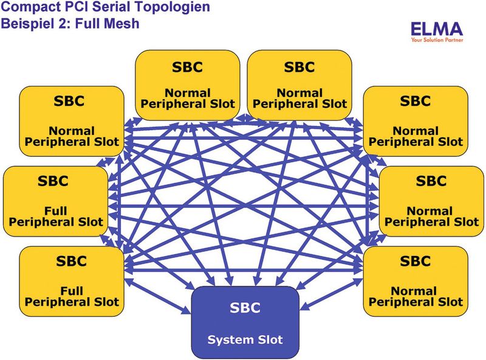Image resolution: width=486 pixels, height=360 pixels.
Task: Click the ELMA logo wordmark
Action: [x=436, y=28]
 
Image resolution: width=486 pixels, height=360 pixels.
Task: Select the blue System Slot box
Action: [x=245, y=322]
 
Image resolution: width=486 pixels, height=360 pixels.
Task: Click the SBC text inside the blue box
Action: [x=245, y=308]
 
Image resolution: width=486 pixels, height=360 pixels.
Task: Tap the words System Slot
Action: [x=245, y=339]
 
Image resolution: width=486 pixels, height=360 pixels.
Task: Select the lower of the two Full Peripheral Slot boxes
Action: [x=72, y=281]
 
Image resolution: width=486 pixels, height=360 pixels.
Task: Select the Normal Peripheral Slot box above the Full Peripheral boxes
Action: [x=72, y=120]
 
